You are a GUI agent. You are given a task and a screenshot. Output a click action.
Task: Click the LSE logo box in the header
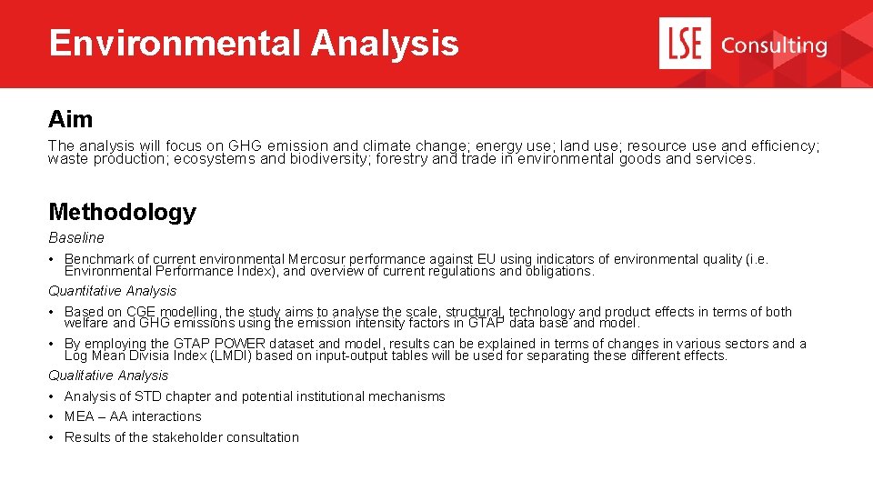[685, 44]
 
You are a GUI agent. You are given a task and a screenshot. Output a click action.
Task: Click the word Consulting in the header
[773, 45]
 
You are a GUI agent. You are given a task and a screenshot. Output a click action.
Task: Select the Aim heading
[70, 119]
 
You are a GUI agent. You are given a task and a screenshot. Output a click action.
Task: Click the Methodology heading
[122, 212]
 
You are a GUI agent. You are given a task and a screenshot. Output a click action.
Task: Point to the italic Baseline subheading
[76, 237]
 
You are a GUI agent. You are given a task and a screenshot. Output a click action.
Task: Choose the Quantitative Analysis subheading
[112, 291]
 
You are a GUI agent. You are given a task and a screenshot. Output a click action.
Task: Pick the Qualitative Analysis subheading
[108, 375]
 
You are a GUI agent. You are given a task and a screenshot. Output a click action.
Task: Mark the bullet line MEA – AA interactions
[133, 416]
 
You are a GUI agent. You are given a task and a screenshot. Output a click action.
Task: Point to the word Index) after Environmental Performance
[256, 271]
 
